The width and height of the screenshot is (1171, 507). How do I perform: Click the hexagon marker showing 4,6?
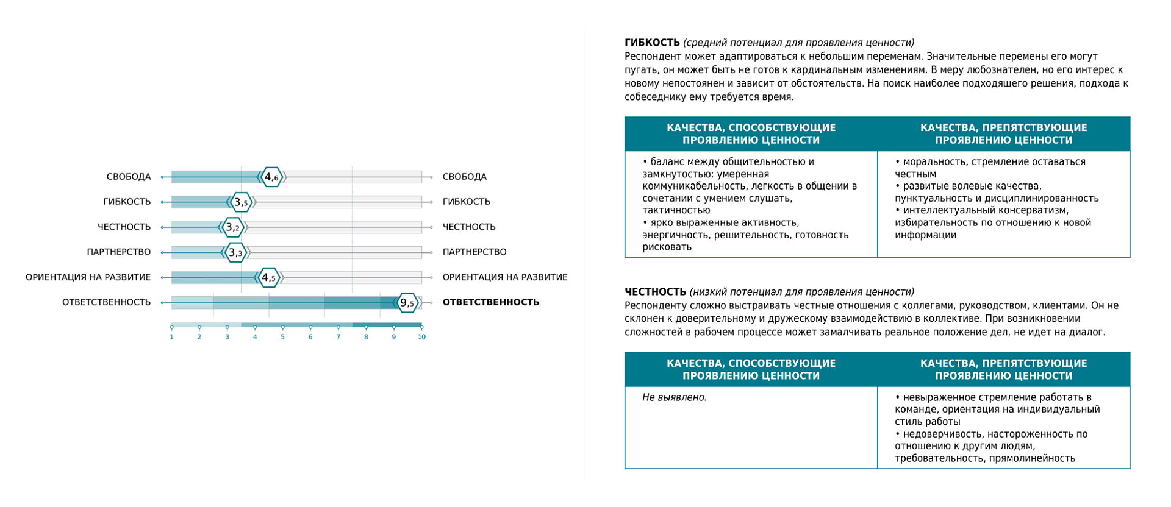pyautogui.click(x=272, y=177)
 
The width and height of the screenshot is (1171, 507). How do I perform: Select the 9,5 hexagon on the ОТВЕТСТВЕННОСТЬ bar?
pyautogui.click(x=407, y=303)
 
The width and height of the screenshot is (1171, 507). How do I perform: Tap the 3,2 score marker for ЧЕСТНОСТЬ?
pyautogui.click(x=233, y=227)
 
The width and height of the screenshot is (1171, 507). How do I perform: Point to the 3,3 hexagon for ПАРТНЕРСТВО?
pyautogui.click(x=235, y=252)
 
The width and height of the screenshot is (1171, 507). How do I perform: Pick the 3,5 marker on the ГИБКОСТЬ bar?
pyautogui.click(x=242, y=202)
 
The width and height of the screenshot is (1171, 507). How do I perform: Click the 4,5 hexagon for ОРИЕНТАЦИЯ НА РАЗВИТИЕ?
pyautogui.click(x=269, y=278)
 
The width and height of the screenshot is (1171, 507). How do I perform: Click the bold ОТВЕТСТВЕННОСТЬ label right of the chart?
pyautogui.click(x=490, y=302)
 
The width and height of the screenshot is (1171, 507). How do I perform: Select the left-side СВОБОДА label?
pyautogui.click(x=129, y=177)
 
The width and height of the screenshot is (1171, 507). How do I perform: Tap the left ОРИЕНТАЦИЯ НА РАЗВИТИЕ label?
pyautogui.click(x=88, y=277)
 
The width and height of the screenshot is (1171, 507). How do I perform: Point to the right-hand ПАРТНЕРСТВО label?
pyautogui.click(x=474, y=252)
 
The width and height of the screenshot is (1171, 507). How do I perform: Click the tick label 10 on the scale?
pyautogui.click(x=421, y=337)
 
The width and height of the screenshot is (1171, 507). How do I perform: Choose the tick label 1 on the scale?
pyautogui.click(x=172, y=337)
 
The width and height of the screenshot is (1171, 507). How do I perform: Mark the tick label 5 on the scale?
pyautogui.click(x=282, y=337)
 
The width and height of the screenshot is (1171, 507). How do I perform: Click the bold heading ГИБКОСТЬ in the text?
pyautogui.click(x=652, y=43)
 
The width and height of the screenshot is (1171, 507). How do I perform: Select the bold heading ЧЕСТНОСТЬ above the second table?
pyautogui.click(x=656, y=292)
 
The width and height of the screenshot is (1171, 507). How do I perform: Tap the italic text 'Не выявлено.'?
pyautogui.click(x=675, y=397)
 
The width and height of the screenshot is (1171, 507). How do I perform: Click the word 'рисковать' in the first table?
pyautogui.click(x=667, y=247)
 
